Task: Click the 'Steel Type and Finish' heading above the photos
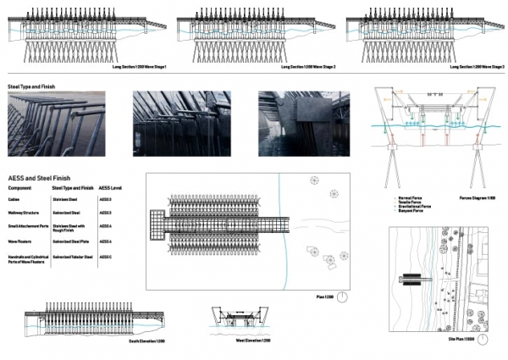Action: tap(25, 86)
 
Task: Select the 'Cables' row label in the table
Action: tap(14, 199)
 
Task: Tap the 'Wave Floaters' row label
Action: tap(19, 241)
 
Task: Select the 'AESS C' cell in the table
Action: tap(106, 256)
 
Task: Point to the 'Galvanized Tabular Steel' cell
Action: tap(72, 256)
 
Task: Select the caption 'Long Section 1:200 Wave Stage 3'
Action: tap(477, 67)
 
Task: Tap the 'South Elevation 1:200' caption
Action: tap(145, 342)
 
